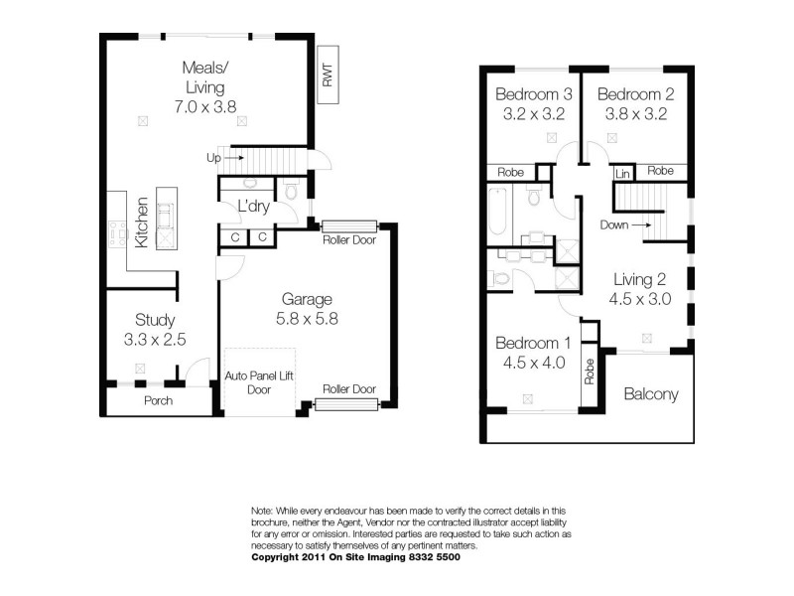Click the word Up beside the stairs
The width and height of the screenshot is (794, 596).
213,158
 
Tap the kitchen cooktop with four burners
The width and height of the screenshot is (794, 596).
118,231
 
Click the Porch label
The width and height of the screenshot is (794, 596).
158,401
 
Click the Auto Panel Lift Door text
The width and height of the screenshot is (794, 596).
260,382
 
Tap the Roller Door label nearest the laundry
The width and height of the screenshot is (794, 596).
348,239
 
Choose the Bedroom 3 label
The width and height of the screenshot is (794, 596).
534,94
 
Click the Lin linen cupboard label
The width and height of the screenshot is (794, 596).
623,173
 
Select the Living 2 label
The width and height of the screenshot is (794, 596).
639,279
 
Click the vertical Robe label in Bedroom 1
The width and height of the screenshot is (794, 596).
589,371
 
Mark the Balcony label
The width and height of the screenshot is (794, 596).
651,394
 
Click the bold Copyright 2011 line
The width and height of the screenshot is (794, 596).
355,557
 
